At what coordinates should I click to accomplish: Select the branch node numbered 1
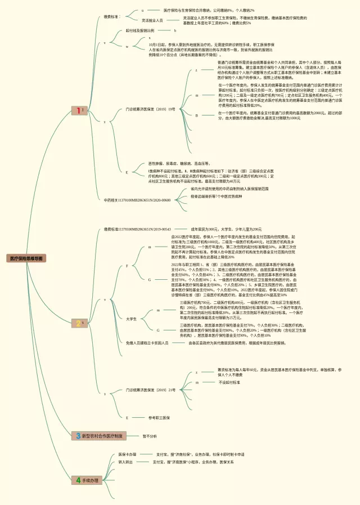point(78,111)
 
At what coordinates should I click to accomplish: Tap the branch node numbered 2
point(78,323)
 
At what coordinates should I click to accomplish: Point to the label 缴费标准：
point(112,17)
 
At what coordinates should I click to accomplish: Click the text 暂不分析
point(150,436)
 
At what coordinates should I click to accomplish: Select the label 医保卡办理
point(127,454)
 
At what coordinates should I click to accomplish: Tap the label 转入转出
point(125,462)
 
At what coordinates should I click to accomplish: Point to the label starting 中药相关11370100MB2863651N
point(137,200)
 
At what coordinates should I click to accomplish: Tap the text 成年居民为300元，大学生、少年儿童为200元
point(226,229)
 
